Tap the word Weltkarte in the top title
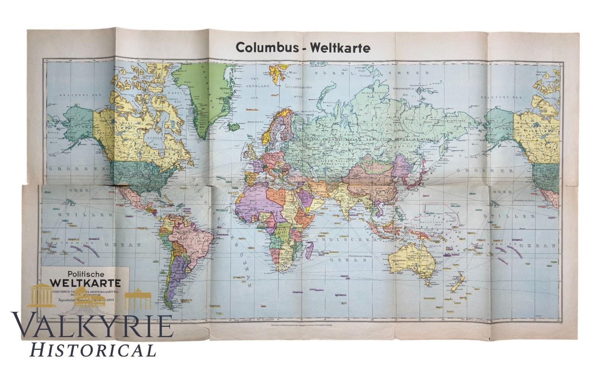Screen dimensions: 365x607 pyautogui.click(x=340, y=48)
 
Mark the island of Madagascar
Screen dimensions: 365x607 pyautogui.click(x=309, y=250)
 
